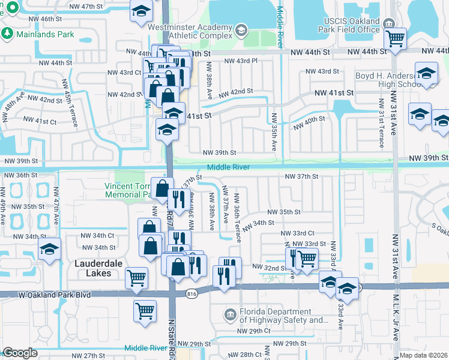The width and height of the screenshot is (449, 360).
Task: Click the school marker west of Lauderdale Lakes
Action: pyautogui.click(x=50, y=250)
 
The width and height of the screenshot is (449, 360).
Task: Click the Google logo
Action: pyautogui.click(x=20, y=353)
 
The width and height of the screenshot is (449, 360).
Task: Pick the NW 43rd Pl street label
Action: pyautogui.click(x=241, y=61)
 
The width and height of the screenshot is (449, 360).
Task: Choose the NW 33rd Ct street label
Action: pyautogui.click(x=298, y=233)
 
